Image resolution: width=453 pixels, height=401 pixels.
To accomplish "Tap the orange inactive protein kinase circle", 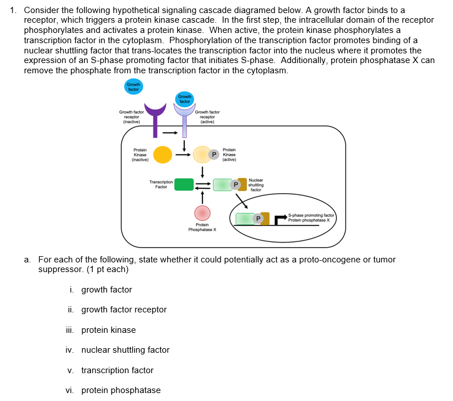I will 162,154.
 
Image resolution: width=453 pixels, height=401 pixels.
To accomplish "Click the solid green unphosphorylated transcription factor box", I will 184,184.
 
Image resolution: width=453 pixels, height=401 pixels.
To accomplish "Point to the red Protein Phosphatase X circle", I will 202,214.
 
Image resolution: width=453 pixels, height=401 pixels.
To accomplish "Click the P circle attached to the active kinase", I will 214,154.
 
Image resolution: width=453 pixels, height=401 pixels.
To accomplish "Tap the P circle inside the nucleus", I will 259,218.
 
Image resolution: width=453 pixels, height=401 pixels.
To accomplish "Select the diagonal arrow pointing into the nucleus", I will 241,199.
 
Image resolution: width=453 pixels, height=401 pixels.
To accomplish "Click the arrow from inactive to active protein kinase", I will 182,154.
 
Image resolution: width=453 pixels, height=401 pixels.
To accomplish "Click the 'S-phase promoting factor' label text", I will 311,215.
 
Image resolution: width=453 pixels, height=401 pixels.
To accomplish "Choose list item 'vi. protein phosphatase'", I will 113,390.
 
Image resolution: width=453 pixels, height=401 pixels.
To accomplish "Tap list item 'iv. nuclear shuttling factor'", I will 118,350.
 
